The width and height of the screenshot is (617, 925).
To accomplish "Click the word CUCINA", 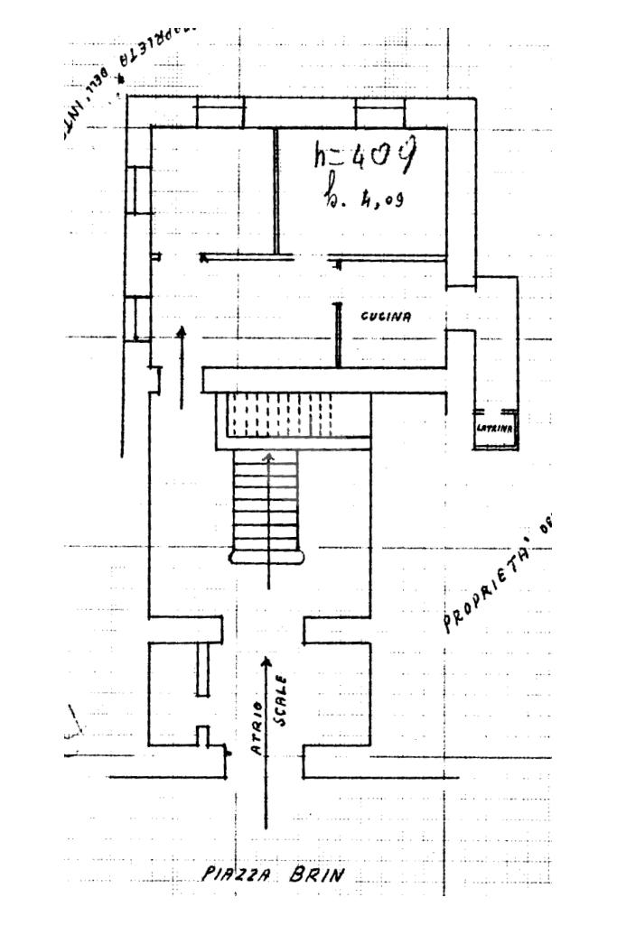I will (x=386, y=317).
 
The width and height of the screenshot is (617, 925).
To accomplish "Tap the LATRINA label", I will (x=494, y=428).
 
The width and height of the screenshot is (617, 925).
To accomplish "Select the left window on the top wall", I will (x=220, y=113).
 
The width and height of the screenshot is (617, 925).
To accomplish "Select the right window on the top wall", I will (x=379, y=113).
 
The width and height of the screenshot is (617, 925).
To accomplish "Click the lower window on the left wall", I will (x=138, y=318).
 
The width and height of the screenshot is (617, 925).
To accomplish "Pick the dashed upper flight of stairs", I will (x=277, y=417).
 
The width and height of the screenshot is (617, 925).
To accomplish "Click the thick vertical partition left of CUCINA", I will (x=338, y=335).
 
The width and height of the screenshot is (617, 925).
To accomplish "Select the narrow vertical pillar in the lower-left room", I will (x=202, y=669).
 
